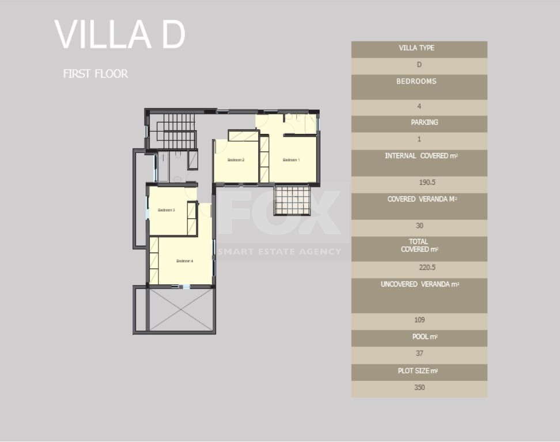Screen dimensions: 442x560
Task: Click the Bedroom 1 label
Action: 291,159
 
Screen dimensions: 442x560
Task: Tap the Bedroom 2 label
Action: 236,159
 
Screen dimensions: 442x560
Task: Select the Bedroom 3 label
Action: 166,210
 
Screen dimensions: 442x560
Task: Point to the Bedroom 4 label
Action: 184,261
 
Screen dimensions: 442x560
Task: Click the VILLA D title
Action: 120,35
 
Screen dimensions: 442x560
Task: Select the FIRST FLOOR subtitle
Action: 96,74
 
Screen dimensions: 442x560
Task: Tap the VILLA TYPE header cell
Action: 419,48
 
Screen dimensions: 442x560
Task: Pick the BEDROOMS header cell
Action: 419,82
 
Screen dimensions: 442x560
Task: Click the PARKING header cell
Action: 419,123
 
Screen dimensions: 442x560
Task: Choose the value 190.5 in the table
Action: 419,183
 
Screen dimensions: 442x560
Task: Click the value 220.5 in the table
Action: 419,268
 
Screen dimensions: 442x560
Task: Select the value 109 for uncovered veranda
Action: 419,320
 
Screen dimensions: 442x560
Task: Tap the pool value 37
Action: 419,353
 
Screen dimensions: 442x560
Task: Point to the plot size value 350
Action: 419,387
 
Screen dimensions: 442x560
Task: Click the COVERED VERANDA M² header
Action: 419,199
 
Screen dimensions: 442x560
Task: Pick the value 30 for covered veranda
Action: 419,226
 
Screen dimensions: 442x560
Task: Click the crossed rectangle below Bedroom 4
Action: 181,310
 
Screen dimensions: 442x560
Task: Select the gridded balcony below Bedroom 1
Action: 292,200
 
